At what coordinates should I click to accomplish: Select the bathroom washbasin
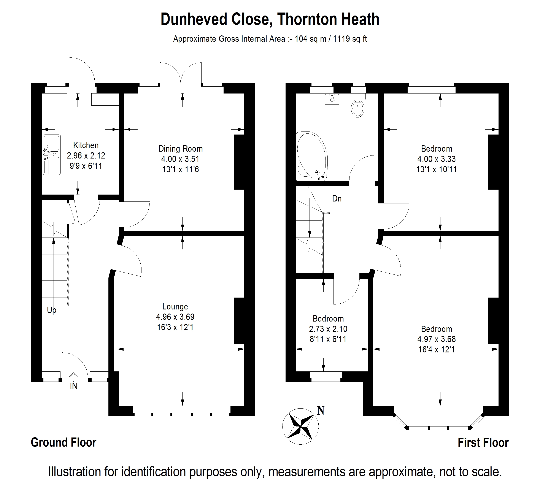pos(332,99)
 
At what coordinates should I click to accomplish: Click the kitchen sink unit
pos(51,155)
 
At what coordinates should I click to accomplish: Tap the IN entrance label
pos(74,386)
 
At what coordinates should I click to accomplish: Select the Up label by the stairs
pos(51,310)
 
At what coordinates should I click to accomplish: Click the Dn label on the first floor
pos(337,199)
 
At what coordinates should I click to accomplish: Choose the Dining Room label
pos(180,149)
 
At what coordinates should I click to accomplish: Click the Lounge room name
pos(175,306)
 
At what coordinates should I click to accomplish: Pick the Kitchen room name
pos(86,145)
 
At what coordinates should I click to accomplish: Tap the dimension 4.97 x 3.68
pos(437,339)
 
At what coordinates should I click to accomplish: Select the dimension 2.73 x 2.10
pos(328,329)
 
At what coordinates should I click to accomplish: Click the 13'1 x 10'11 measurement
pos(437,169)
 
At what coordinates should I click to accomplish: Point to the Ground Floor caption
pos(64,442)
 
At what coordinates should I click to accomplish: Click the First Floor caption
pos(483,443)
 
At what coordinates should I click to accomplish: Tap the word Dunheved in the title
pos(194,19)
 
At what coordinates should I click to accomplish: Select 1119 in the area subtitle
pos(341,39)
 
